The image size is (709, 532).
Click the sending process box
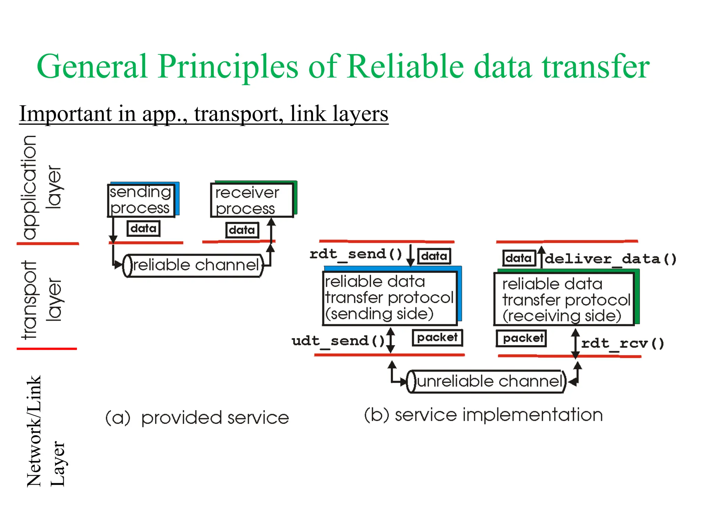coord(141,200)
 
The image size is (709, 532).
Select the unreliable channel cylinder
coord(486,381)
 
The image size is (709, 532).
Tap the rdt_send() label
coord(356,254)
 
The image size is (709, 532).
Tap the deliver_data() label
coord(611,259)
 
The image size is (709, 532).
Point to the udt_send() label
coord(338,341)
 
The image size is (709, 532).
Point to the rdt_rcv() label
coord(622,343)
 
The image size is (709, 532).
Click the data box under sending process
coord(143,229)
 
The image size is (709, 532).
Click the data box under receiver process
coord(242,230)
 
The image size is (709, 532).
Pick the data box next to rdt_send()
coord(434,256)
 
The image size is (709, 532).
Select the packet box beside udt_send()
coord(437,337)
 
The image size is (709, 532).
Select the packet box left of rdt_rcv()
coord(521,338)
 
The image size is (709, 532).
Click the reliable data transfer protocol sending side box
coord(389,298)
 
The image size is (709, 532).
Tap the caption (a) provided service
coord(197,418)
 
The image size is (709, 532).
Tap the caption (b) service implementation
coord(483,415)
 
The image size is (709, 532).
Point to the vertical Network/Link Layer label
coord(45,431)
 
